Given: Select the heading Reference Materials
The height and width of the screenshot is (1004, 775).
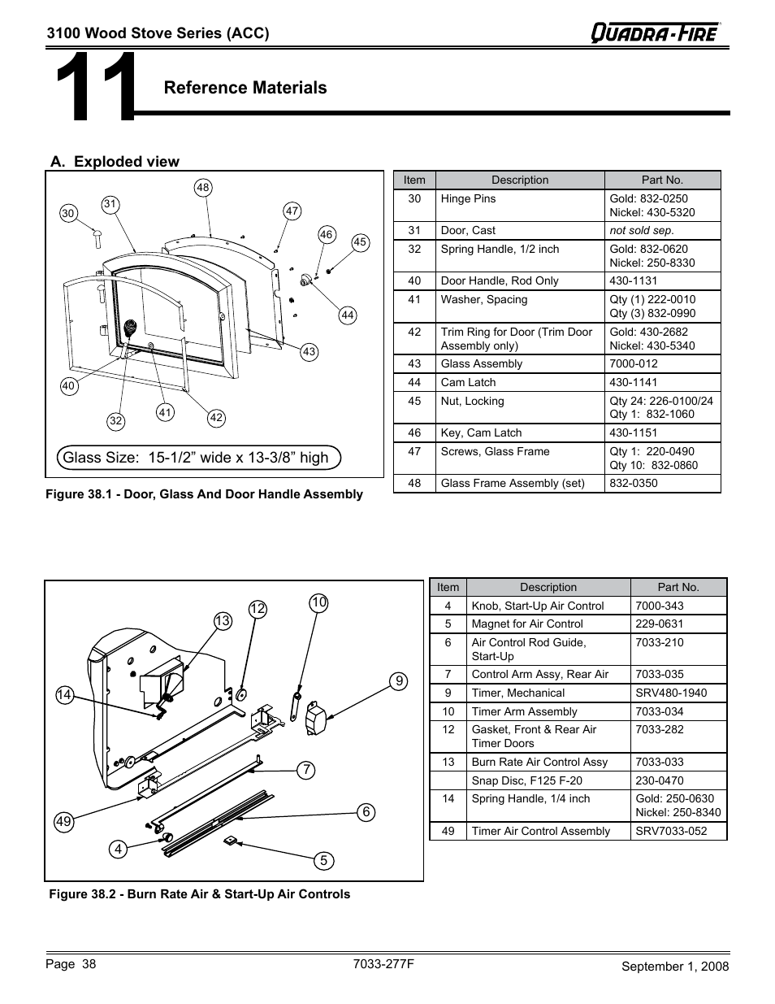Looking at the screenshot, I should tap(245, 88).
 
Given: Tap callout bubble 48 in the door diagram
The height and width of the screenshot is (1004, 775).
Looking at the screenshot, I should tap(203, 188).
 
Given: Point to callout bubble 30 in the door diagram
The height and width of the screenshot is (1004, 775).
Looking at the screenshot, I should tap(68, 214).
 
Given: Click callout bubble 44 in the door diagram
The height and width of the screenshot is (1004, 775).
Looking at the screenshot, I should tap(348, 315).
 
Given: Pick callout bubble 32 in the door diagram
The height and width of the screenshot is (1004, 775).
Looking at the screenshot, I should tap(116, 420).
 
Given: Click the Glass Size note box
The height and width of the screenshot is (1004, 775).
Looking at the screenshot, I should tap(198, 458).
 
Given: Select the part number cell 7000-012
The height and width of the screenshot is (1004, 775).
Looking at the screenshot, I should tap(662, 364).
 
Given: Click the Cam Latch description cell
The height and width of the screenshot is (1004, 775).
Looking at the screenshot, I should tap(520, 383).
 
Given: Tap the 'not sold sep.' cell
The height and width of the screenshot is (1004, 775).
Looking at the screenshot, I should tap(662, 231).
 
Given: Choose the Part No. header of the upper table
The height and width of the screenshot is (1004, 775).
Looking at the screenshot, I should tap(662, 180).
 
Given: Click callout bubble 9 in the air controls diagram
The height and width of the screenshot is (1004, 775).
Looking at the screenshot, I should tap(398, 681).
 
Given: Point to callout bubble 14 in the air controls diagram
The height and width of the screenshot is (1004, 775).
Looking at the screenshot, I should tap(65, 694).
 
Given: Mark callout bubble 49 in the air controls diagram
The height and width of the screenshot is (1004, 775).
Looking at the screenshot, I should tap(64, 822).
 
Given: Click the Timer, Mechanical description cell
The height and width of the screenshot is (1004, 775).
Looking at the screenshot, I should tap(548, 693).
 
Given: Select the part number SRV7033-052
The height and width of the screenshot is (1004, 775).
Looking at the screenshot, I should tap(678, 831).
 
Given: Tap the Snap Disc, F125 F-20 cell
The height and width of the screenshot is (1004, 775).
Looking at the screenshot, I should tap(548, 780).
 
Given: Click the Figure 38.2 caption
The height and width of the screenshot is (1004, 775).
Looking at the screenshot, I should tap(200, 894).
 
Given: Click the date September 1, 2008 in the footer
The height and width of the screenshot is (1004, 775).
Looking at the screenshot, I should tap(675, 967).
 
